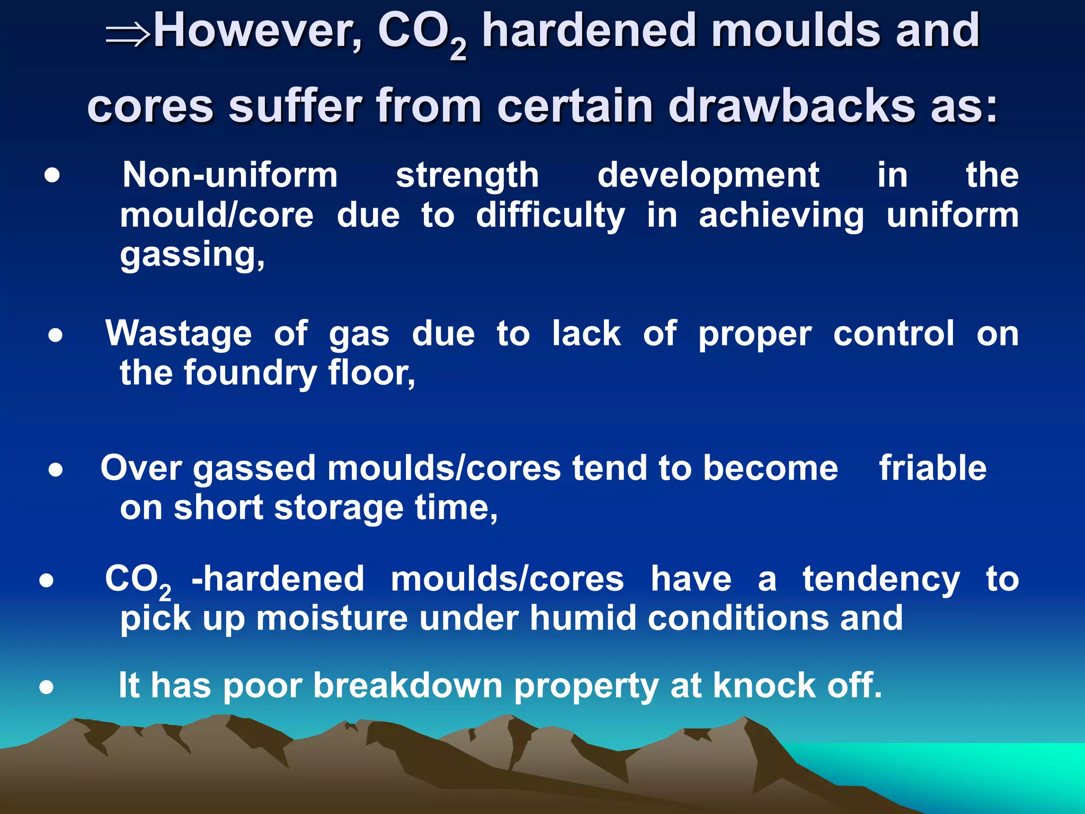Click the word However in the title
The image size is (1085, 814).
pyautogui.click(x=257, y=32)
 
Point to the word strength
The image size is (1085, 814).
pyautogui.click(x=467, y=176)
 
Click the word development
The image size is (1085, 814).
pyautogui.click(x=708, y=176)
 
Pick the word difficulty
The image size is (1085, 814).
pyautogui.click(x=550, y=216)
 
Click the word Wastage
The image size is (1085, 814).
pyautogui.click(x=179, y=334)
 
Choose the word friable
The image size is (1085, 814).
pyautogui.click(x=932, y=468)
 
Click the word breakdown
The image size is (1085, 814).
pyautogui.click(x=408, y=686)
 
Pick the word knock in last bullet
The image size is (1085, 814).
pyautogui.click(x=764, y=686)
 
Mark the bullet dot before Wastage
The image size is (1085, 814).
pyautogui.click(x=55, y=335)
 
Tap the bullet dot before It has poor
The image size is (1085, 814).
pyautogui.click(x=47, y=687)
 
